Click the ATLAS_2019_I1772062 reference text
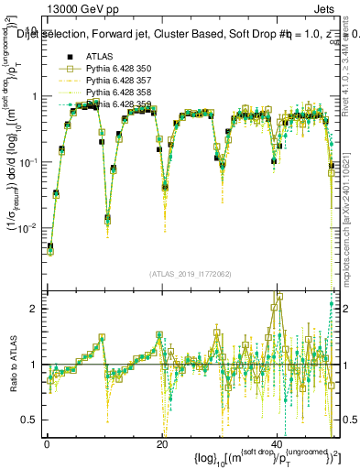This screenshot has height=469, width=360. (x=190, y=274)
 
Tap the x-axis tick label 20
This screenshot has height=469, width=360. (x=162, y=442)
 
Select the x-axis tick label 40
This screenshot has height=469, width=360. (x=278, y=442)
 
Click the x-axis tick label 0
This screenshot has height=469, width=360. (x=46, y=442)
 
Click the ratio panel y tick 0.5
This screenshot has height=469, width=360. (x=30, y=420)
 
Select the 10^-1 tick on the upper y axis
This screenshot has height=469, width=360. (x=27, y=162)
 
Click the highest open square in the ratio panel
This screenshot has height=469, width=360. (x=279, y=296)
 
